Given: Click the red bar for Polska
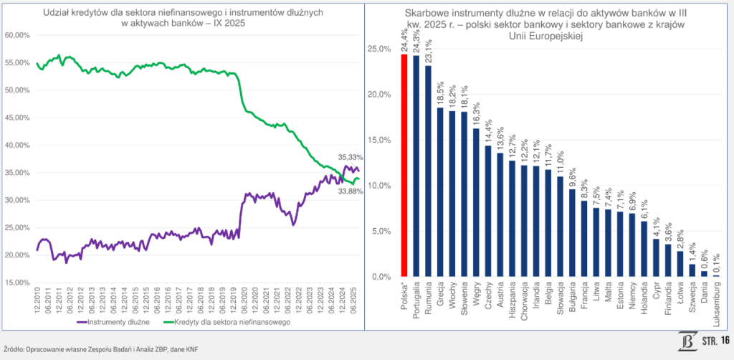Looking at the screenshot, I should (x=404, y=166).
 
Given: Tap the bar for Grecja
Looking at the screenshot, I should (x=440, y=192).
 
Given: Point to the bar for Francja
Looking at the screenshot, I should (x=583, y=239).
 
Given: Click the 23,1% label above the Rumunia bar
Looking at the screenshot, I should (x=429, y=51).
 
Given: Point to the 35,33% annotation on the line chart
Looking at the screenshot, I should (x=351, y=157).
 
